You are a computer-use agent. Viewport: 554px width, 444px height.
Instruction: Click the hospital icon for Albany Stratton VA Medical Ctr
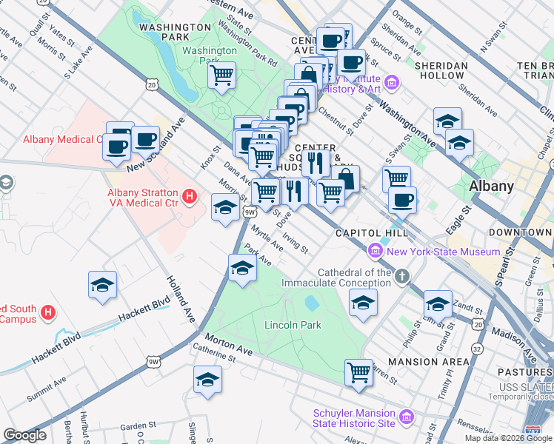point(190,197)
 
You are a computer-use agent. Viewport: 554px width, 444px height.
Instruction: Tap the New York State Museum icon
point(376,252)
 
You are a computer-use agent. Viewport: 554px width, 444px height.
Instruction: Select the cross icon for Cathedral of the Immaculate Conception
point(401,277)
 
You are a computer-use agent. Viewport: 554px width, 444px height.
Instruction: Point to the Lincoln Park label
point(293,325)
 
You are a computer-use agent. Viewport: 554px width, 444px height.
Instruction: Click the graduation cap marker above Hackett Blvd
point(103,284)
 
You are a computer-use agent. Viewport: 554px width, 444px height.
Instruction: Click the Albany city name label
point(492,186)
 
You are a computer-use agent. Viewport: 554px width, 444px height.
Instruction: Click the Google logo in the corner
point(24,435)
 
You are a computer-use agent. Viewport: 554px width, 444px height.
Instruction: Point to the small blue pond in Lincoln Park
point(312,303)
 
